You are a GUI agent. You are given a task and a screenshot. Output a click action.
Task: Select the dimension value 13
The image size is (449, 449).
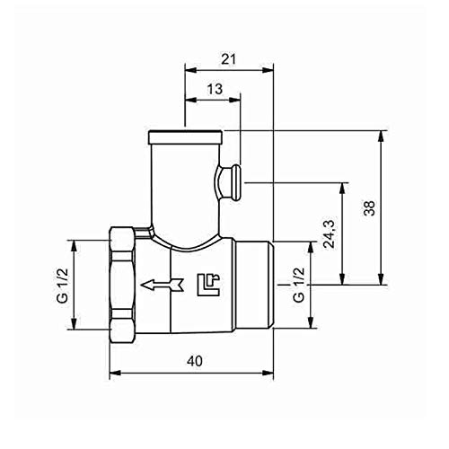coord(214,89)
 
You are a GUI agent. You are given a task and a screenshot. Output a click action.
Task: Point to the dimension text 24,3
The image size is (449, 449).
coord(330,233)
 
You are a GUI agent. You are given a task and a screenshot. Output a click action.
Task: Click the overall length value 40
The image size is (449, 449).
coord(192,360)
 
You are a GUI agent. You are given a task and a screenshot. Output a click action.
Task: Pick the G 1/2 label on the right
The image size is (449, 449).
coord(297,286)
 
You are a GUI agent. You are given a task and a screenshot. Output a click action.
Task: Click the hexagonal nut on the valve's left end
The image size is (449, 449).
coord(123,286)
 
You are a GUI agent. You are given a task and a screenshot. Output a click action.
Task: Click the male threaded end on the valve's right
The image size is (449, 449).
coord(257,286)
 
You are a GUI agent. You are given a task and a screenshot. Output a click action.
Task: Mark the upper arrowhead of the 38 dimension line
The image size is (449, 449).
coord(383,136)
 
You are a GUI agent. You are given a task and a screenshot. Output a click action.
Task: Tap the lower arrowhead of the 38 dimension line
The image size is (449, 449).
coord(383,281)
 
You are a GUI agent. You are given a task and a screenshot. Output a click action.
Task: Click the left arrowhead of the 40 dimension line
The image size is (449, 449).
coord(112,370)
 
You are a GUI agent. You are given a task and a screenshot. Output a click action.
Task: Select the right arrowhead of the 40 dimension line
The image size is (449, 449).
coord(270,370)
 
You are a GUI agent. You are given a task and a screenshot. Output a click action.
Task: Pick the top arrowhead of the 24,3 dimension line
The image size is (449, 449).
coord(342,187)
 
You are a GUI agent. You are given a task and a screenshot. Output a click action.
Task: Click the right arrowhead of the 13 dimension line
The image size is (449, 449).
coord(240,99)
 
